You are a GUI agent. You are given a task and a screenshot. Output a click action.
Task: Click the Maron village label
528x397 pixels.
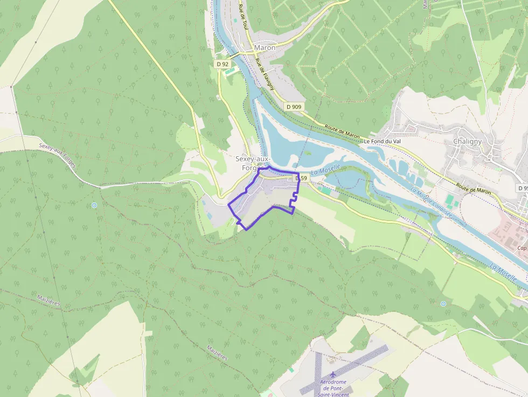(265, 47)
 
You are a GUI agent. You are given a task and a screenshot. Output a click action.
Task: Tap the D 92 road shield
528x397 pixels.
(223, 64)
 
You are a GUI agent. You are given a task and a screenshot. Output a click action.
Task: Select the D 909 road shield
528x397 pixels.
(294, 107)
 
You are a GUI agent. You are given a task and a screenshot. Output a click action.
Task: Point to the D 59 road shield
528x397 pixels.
(300, 178)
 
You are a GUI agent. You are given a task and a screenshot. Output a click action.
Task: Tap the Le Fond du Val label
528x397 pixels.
(383, 141)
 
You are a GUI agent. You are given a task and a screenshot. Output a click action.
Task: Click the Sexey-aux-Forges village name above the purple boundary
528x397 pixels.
(253, 163)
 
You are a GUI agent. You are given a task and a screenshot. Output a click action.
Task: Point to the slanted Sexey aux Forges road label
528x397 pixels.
(57, 155)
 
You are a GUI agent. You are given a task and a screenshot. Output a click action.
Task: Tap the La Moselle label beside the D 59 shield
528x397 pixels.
(326, 171)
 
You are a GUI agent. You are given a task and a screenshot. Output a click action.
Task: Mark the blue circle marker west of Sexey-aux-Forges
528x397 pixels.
(94, 205)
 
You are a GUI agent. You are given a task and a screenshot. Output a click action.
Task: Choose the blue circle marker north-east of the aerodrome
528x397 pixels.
(443, 304)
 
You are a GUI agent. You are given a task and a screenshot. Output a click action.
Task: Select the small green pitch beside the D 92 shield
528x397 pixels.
(231, 71)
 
